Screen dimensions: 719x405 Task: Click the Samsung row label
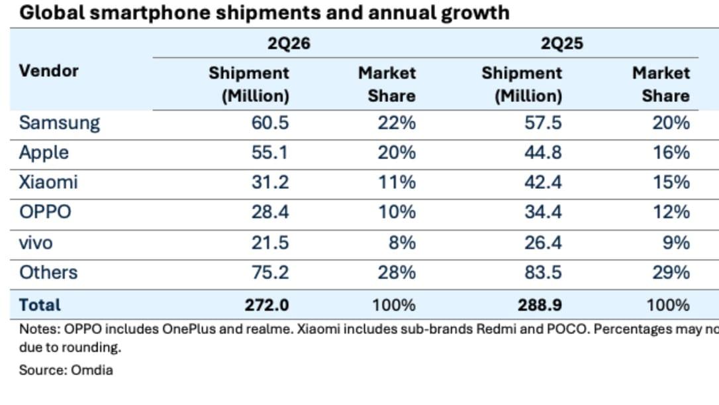pos(59,123)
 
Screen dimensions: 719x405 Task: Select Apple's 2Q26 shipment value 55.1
pos(269,152)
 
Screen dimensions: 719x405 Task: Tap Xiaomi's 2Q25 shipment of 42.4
pos(543,182)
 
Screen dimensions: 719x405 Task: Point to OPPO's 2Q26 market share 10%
pos(397,212)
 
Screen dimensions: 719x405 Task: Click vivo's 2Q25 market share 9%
pos(676,243)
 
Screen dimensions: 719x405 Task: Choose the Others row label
pos(48,272)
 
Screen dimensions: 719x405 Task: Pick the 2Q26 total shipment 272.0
pos(266,305)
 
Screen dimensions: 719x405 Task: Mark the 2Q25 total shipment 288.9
pos(540,305)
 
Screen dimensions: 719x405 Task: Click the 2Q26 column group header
pos(289,43)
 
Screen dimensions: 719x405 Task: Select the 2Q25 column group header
pos(561,43)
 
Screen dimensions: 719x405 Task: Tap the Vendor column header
pos(48,71)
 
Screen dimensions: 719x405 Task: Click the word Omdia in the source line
pos(92,370)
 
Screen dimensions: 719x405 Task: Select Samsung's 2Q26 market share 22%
pos(397,123)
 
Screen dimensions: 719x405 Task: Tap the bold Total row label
pos(40,305)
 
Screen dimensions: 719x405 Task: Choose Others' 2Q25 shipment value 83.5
pos(543,272)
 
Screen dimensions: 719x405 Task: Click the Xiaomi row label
pos(48,182)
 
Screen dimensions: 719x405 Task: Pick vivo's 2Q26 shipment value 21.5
pos(269,243)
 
